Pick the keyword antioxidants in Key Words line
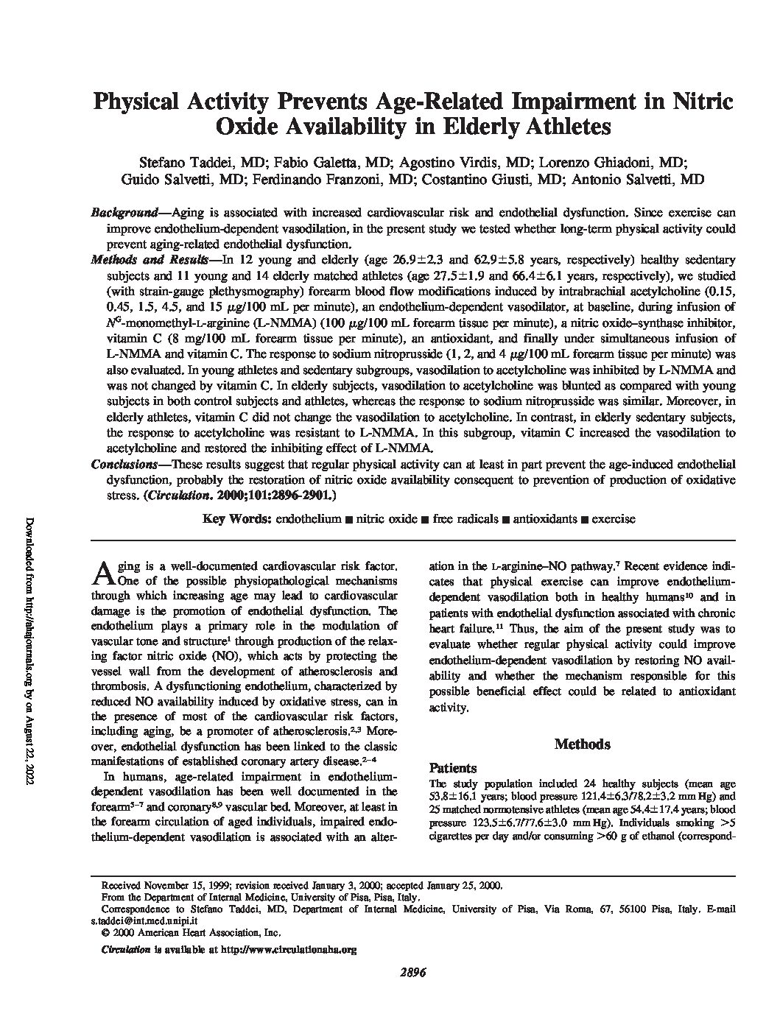tap(544, 519)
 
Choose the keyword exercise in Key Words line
tap(613, 519)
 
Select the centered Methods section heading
tap(582, 744)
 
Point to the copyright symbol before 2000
tap(104, 932)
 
